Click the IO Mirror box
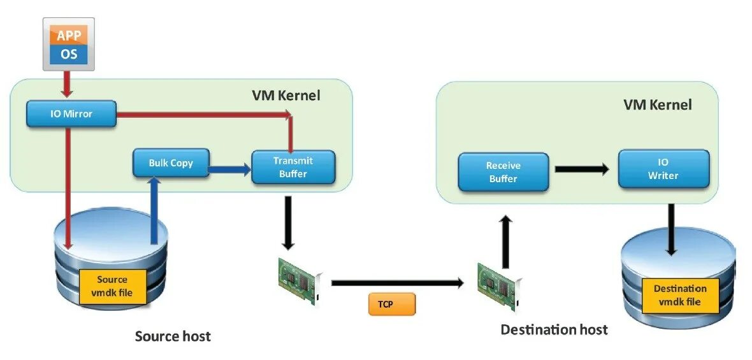point(71,113)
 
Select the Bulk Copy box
point(170,162)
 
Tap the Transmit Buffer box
point(293,167)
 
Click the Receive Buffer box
point(503,171)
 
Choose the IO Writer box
point(663,168)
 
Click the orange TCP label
point(391,304)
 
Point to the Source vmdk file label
point(112,286)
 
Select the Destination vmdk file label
point(679,294)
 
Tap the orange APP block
point(69,35)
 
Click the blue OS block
point(69,54)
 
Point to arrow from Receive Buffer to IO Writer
point(582,169)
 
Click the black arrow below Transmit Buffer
point(288,222)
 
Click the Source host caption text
point(173,335)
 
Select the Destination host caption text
point(554,329)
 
